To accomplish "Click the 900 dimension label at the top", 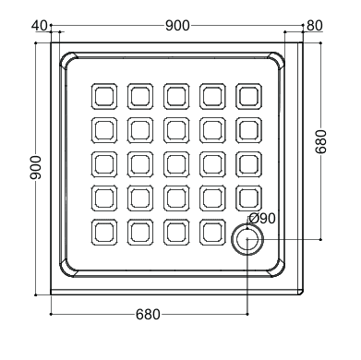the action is [177, 26].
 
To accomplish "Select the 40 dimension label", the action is [40, 26].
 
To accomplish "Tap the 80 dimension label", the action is [315, 26].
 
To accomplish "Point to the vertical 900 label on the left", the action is [35, 168].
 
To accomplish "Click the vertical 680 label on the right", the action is [321, 141].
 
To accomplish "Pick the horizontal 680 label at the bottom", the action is [148, 315].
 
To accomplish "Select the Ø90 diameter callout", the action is [262, 219].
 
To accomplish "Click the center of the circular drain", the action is [247, 239].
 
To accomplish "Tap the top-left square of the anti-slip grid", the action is [104, 96].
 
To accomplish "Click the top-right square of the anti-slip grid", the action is [249, 96].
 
